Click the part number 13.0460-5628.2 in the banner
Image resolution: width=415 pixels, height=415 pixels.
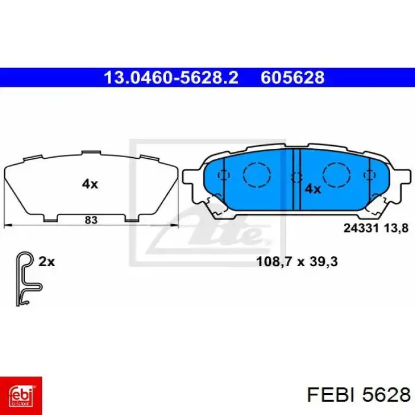pyautogui.click(x=171, y=78)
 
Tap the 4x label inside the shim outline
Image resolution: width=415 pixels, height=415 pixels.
pyautogui.click(x=90, y=184)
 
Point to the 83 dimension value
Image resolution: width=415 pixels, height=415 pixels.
pyautogui.click(x=91, y=220)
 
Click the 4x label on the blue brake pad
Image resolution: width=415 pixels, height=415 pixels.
pyautogui.click(x=312, y=189)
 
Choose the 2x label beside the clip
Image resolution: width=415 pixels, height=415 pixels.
pyautogui.click(x=46, y=261)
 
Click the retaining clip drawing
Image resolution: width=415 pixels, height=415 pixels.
pyautogui.click(x=26, y=279)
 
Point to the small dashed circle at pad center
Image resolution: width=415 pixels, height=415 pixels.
pyautogui.click(x=296, y=176)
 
